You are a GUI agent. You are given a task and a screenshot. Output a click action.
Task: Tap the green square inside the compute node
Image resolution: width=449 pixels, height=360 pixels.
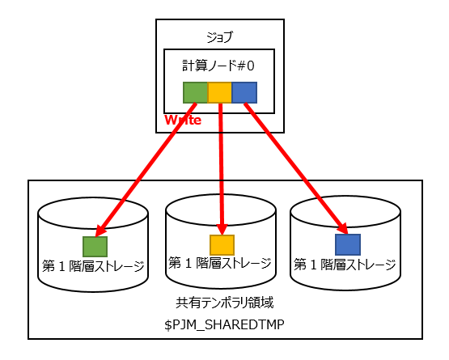[195, 92]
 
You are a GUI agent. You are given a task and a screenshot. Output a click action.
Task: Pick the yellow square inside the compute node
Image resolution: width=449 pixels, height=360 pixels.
[219, 92]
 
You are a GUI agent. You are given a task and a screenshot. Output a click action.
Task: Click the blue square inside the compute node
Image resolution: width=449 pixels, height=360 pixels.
[244, 92]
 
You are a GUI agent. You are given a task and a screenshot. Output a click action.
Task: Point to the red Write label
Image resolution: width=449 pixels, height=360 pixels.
[182, 120]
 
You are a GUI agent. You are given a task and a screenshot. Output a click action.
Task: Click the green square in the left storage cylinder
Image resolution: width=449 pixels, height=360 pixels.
[95, 246]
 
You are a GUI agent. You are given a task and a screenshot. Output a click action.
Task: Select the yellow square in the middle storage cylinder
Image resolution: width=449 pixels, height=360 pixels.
[222, 245]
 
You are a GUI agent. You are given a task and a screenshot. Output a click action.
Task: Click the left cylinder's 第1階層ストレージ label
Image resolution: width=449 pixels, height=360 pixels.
[93, 265]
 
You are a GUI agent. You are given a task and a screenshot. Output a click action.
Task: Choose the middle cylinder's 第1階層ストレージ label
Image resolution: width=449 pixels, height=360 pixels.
[219, 263]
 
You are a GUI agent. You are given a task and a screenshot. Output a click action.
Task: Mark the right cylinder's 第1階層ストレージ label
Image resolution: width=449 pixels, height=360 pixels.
[345, 264]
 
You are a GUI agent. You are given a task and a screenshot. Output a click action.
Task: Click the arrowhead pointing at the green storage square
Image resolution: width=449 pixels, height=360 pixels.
[101, 229]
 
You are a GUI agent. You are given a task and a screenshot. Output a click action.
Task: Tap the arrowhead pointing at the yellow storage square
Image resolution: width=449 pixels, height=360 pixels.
[221, 228]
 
